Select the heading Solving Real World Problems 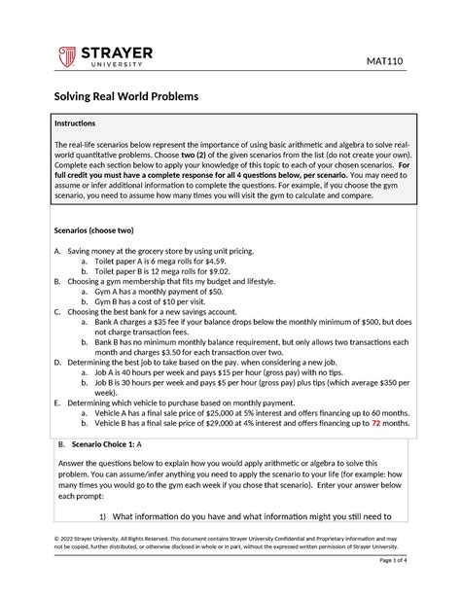124,97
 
